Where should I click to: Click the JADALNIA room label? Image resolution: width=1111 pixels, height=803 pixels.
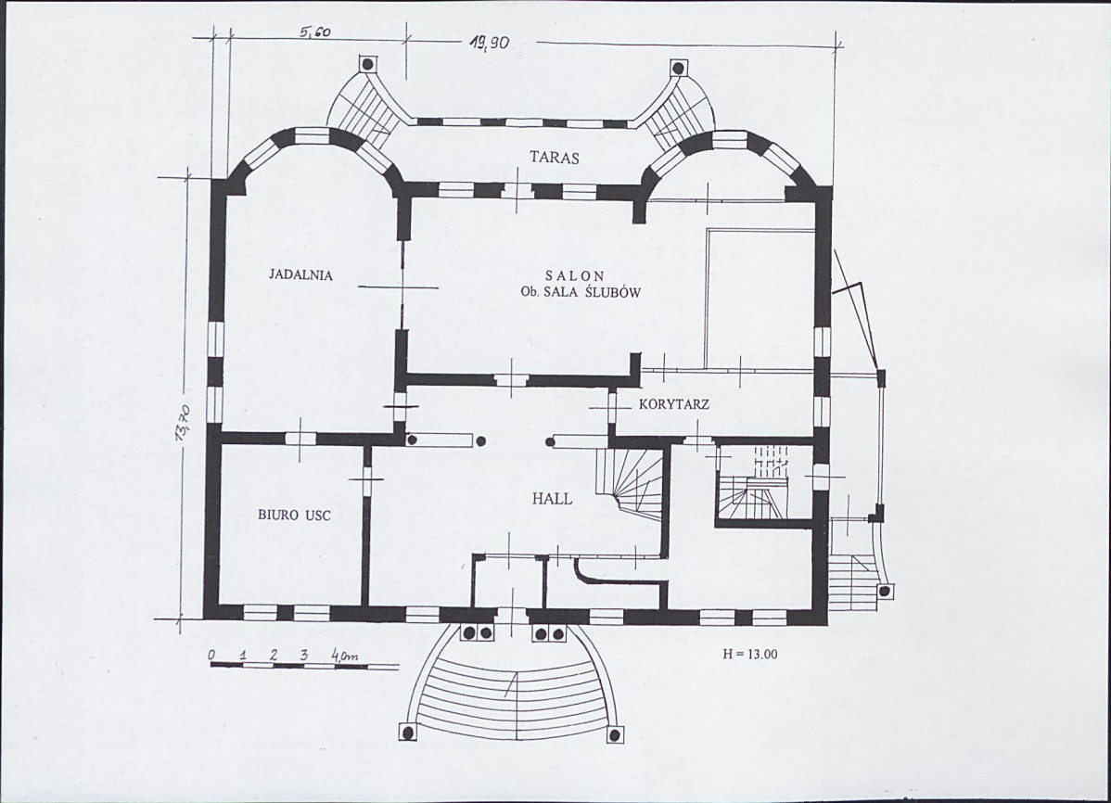(x=300, y=275)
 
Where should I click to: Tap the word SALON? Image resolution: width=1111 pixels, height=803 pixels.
(x=575, y=276)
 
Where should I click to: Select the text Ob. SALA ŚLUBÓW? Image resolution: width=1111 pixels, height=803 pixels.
(x=581, y=292)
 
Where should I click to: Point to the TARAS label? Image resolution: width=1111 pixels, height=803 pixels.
(x=554, y=158)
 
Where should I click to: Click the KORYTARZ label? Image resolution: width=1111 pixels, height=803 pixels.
(x=674, y=405)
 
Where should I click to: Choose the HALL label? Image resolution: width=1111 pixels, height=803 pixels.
(x=552, y=499)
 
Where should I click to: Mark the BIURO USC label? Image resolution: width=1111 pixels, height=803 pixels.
(x=294, y=516)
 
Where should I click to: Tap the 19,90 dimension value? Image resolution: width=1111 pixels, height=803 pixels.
(x=488, y=44)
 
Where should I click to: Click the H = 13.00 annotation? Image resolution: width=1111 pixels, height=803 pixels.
(x=749, y=654)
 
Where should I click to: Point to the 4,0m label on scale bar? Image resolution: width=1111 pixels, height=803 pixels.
(x=344, y=656)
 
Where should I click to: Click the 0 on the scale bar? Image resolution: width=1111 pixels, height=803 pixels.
(x=211, y=656)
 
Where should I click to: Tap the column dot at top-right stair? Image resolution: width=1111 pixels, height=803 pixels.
(x=678, y=69)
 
